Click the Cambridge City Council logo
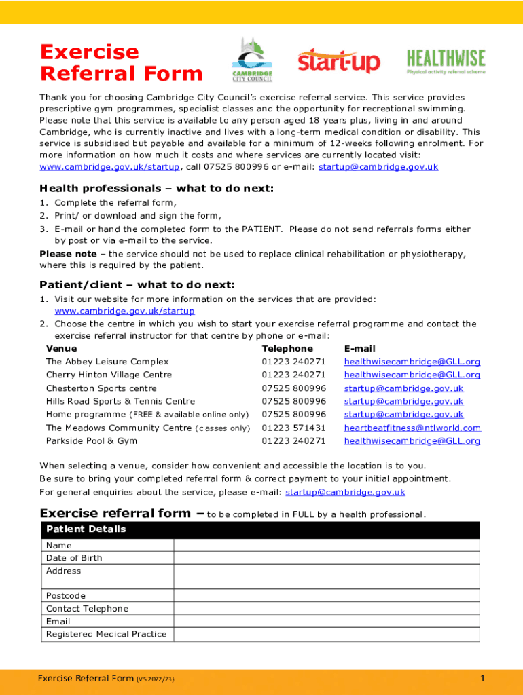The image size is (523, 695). tap(253, 60)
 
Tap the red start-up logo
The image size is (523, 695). tap(338, 60)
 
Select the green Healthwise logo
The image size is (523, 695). tap(446, 60)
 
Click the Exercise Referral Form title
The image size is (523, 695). tap(121, 62)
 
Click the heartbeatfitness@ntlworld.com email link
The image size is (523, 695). tap(412, 428)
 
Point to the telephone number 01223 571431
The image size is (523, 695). tap(294, 428)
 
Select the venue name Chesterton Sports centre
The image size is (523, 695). tap(101, 388)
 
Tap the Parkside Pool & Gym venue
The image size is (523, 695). tap(91, 440)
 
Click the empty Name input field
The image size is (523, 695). tap(326, 545)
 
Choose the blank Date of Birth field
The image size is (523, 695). tap(326, 557)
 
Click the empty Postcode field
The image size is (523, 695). tap(326, 595)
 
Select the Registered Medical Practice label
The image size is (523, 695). tap(106, 634)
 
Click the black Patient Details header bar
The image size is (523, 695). tap(259, 529)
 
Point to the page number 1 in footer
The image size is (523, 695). tap(482, 679)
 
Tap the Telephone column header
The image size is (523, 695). tap(287, 348)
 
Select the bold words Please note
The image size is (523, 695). tap(68, 254)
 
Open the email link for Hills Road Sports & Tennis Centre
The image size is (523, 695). tap(403, 401)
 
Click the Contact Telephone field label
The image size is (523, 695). tap(87, 608)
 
